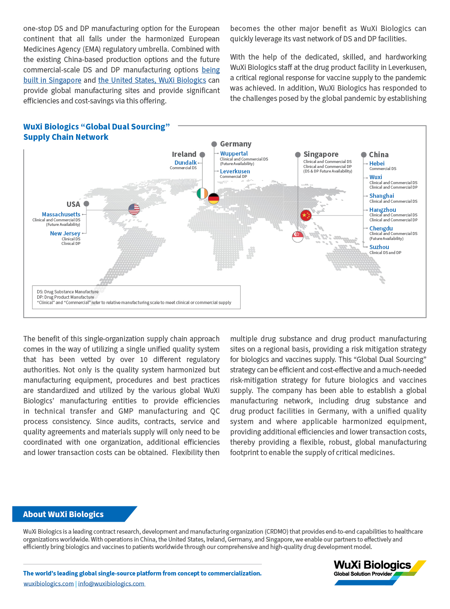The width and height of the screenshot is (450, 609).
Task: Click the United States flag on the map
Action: point(134,209)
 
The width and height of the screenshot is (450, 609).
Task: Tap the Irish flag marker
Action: point(202,193)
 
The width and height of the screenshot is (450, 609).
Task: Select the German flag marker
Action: point(213,199)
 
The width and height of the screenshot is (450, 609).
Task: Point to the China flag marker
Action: point(306,215)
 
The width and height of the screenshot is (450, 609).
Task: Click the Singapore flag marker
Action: point(298,236)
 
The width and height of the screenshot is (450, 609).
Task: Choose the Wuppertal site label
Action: point(234,153)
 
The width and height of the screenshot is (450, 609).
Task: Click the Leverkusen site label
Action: point(235,171)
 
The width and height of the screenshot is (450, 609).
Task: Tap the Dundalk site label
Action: point(185,163)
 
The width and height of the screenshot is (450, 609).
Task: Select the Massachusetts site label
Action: point(61,214)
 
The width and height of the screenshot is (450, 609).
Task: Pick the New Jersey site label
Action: point(65,233)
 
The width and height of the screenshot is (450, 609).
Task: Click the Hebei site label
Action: point(377,163)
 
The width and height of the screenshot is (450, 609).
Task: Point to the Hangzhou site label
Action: point(383,210)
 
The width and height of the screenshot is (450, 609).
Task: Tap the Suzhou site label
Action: point(379,247)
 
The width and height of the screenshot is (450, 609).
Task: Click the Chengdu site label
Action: point(381,228)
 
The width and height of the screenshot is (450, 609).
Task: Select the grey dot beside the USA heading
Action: point(86,204)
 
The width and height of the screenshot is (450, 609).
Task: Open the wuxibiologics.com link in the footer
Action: point(48,583)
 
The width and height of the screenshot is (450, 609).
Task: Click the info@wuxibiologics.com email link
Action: point(111,583)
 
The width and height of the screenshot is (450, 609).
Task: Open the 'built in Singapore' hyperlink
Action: point(52,80)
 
